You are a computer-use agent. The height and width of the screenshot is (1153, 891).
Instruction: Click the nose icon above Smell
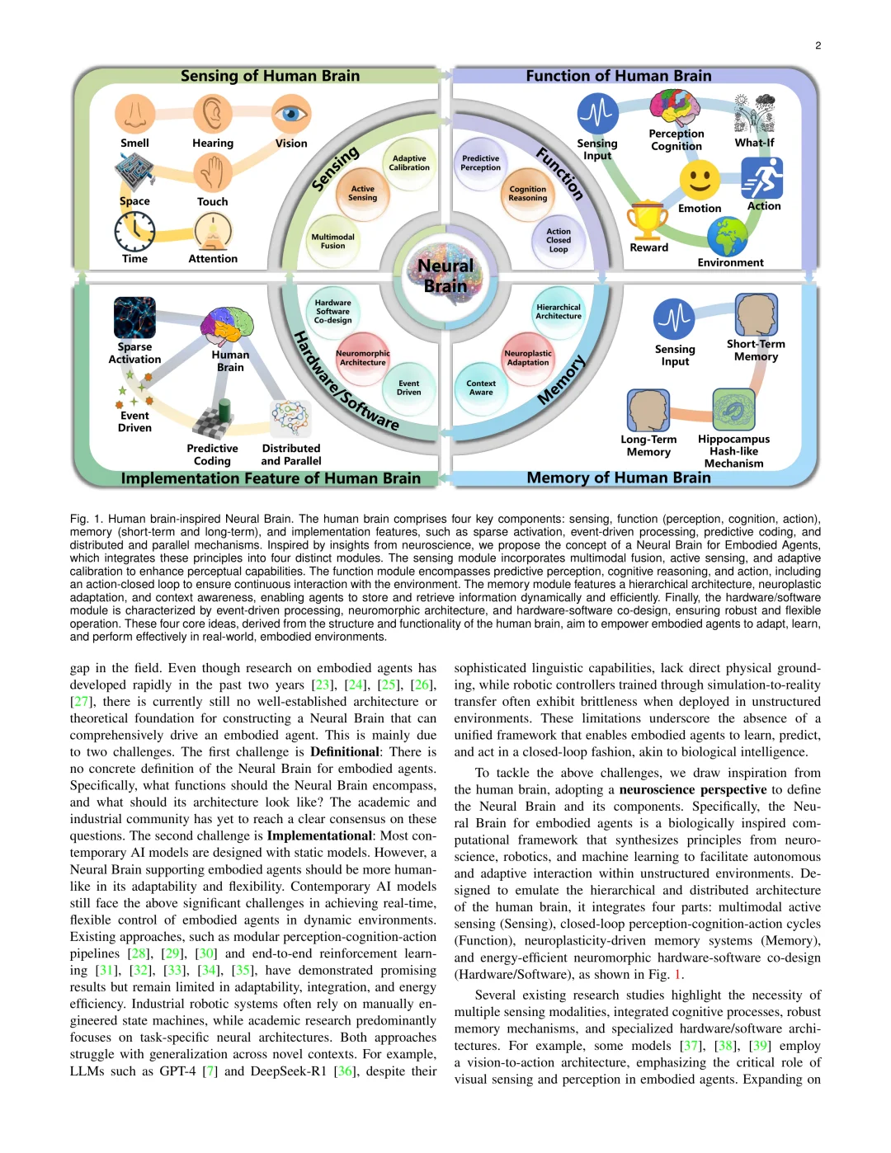(135, 114)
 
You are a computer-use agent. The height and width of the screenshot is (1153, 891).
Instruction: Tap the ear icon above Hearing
(213, 114)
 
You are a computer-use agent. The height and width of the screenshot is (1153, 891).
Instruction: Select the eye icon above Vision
(290, 114)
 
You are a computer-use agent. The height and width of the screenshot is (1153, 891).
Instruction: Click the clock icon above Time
(134, 232)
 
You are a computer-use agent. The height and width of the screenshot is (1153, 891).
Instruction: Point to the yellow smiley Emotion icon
(700, 180)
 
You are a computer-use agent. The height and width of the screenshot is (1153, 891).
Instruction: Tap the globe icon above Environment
(728, 238)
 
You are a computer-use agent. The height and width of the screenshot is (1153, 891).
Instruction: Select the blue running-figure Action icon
(762, 177)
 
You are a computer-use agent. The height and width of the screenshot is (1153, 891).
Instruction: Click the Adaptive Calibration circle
(409, 163)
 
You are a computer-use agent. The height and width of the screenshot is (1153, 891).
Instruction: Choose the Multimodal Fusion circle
(332, 241)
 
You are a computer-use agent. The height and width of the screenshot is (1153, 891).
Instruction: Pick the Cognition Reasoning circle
(528, 194)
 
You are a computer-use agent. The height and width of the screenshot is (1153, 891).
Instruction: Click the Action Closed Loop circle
(559, 241)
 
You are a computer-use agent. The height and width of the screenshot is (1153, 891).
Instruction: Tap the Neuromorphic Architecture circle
(363, 358)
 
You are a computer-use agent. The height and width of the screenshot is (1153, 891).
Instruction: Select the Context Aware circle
(481, 388)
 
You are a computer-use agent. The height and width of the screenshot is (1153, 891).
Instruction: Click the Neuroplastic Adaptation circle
(528, 358)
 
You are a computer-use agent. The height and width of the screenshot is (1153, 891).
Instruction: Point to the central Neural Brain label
(445, 275)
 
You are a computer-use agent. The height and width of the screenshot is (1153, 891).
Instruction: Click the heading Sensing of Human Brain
(270, 76)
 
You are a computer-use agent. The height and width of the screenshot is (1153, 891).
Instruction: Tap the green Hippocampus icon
(733, 410)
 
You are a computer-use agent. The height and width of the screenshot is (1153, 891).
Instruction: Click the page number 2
(818, 45)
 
